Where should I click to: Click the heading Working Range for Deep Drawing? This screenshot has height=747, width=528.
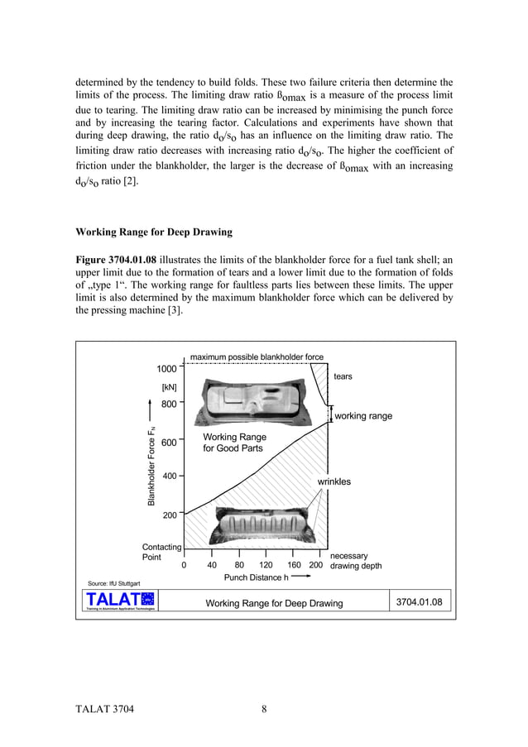(x=154, y=232)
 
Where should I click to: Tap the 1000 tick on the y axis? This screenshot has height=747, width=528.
(x=167, y=369)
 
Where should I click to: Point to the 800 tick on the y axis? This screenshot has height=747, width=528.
(x=169, y=405)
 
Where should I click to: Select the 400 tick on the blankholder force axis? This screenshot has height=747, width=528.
(x=169, y=476)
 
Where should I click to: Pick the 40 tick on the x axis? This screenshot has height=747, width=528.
(x=211, y=566)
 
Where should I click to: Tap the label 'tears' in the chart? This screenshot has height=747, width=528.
(x=343, y=376)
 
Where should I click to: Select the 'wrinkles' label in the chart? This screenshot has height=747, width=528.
(x=334, y=481)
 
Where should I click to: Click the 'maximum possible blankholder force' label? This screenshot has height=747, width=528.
(x=257, y=357)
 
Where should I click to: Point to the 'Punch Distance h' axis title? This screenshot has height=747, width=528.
(x=256, y=577)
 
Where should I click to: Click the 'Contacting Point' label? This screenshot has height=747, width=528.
(x=162, y=552)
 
